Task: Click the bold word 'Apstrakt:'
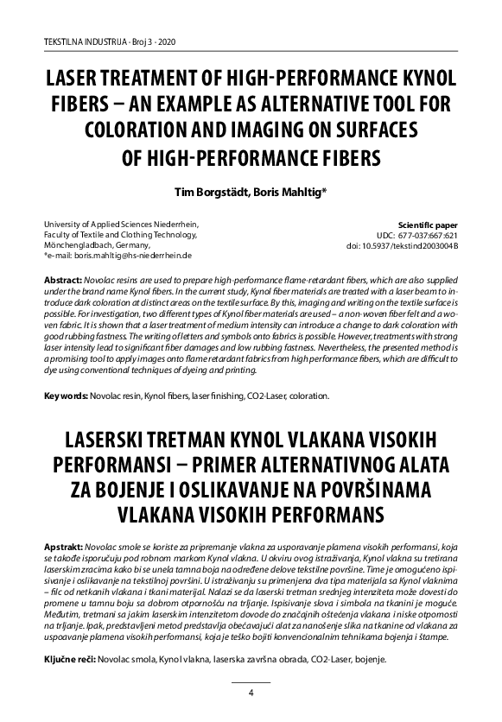(63, 550)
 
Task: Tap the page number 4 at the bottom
(251, 693)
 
